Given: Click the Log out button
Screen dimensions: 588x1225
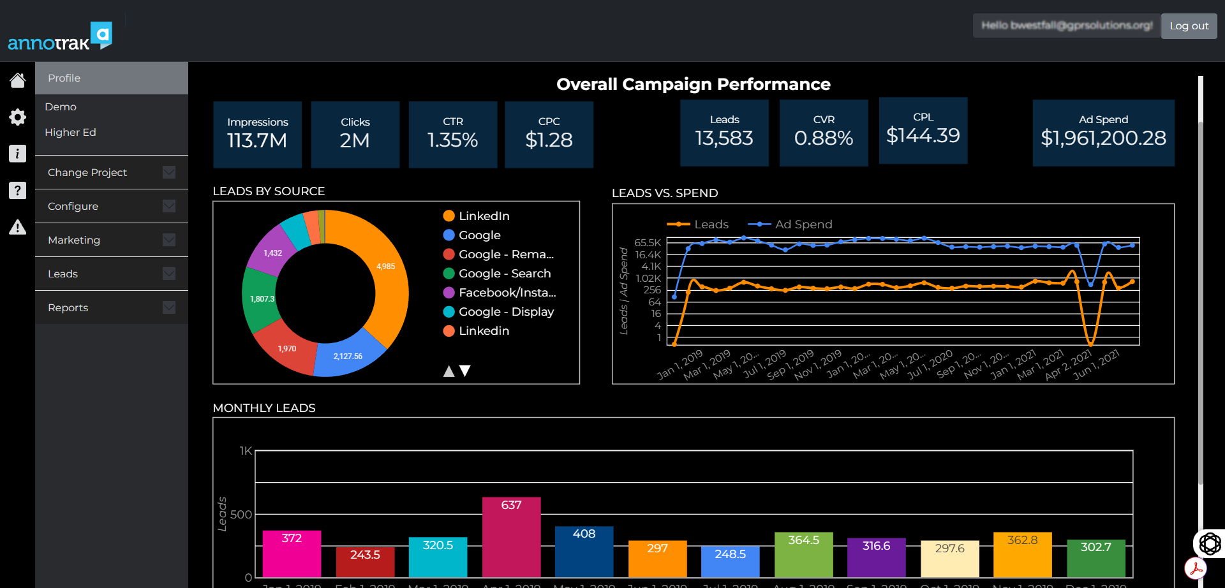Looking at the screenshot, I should (x=1189, y=26).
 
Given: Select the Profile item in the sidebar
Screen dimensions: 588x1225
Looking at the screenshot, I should (x=64, y=78).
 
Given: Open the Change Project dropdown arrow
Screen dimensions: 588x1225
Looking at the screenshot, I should (x=169, y=172).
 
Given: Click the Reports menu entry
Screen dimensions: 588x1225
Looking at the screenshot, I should (x=68, y=307).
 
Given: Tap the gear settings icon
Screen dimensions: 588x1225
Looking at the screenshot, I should (x=17, y=117).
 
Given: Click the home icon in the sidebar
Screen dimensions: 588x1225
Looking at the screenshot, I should (x=17, y=80).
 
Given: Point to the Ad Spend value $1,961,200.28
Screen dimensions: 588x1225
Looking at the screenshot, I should (x=1103, y=138).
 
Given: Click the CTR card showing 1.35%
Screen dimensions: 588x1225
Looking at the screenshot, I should (x=452, y=135).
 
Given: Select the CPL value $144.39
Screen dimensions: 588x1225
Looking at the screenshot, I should (x=923, y=135).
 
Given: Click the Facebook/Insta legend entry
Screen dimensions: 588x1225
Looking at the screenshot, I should (x=507, y=293).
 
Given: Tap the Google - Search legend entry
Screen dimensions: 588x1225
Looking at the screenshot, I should (x=504, y=274).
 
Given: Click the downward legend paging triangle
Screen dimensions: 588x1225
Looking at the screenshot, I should (x=465, y=371).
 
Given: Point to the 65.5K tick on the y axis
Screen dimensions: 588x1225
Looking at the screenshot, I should (x=647, y=243).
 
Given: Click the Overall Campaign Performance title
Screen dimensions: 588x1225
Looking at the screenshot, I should (x=693, y=84).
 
